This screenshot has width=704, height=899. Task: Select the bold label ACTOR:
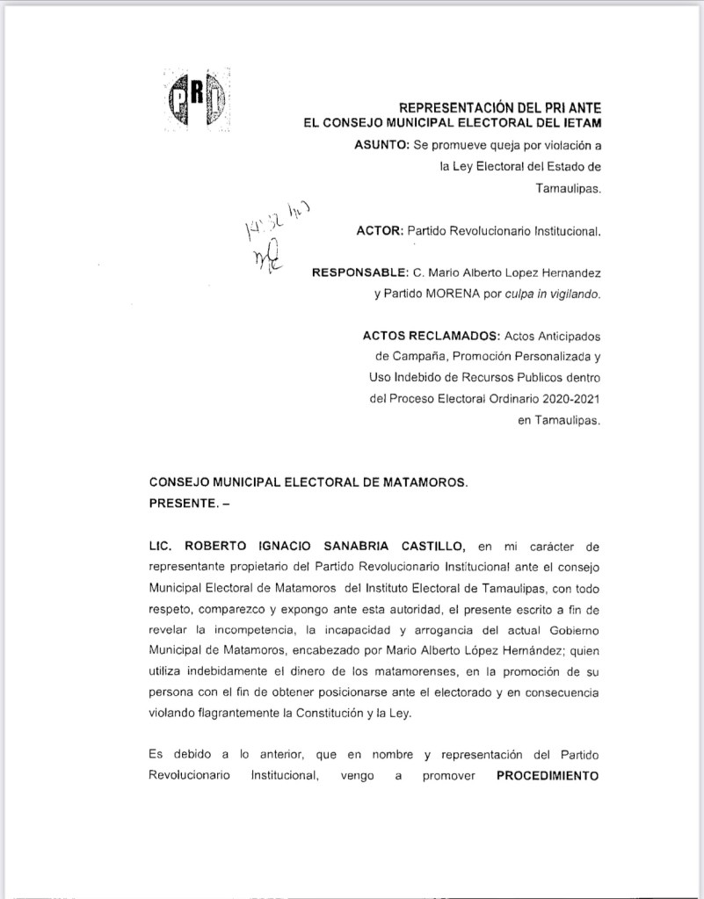pos(380,232)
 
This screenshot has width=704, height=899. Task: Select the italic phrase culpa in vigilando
pos(554,294)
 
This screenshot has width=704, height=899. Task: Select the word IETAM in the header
pos(579,122)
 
